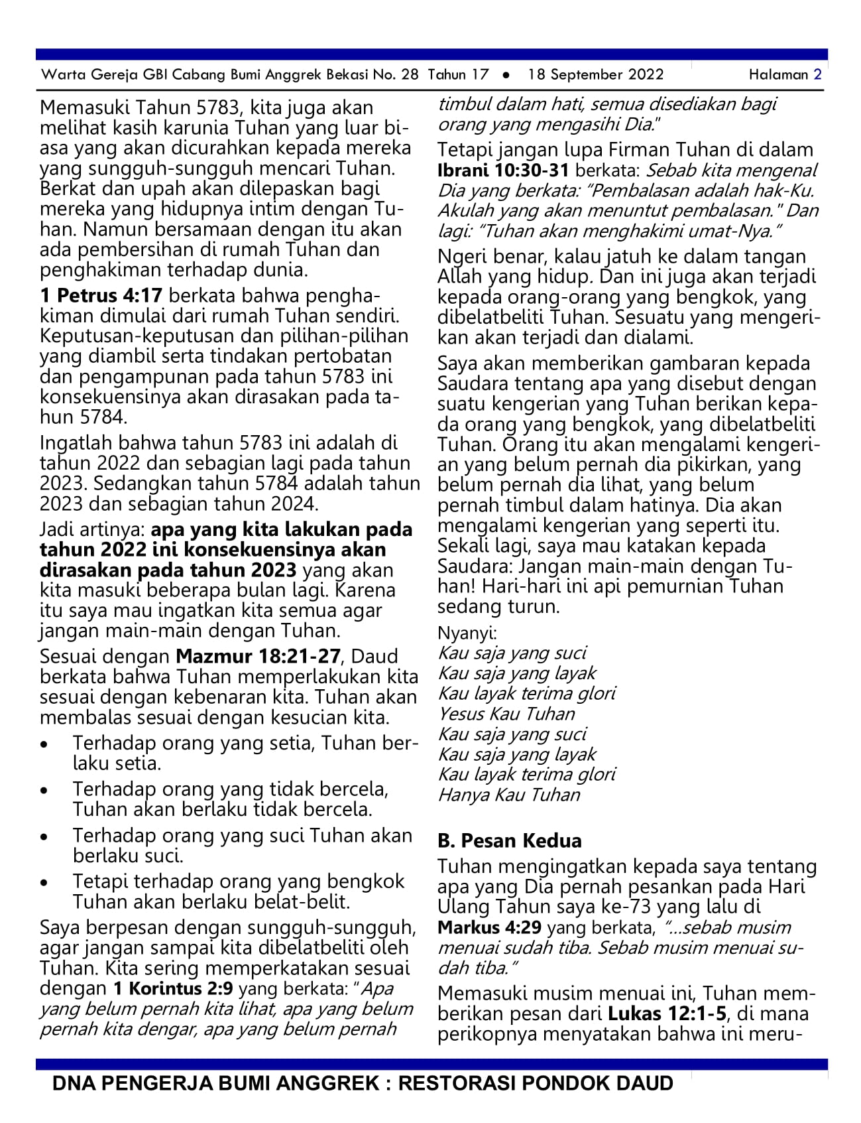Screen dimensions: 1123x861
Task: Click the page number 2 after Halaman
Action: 818,75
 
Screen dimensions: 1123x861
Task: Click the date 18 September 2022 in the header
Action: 595,75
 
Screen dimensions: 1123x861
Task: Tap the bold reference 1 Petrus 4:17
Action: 101,295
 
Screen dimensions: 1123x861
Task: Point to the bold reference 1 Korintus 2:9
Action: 173,988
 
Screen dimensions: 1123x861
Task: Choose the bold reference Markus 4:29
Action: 489,927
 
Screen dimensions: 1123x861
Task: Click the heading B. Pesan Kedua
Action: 509,840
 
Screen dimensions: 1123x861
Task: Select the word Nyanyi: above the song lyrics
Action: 467,633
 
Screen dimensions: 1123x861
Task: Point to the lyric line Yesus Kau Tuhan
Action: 506,714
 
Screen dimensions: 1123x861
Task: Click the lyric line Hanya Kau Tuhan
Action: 509,795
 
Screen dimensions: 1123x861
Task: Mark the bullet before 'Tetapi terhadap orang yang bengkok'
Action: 44,883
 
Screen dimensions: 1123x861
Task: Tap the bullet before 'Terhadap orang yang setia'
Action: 44,744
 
